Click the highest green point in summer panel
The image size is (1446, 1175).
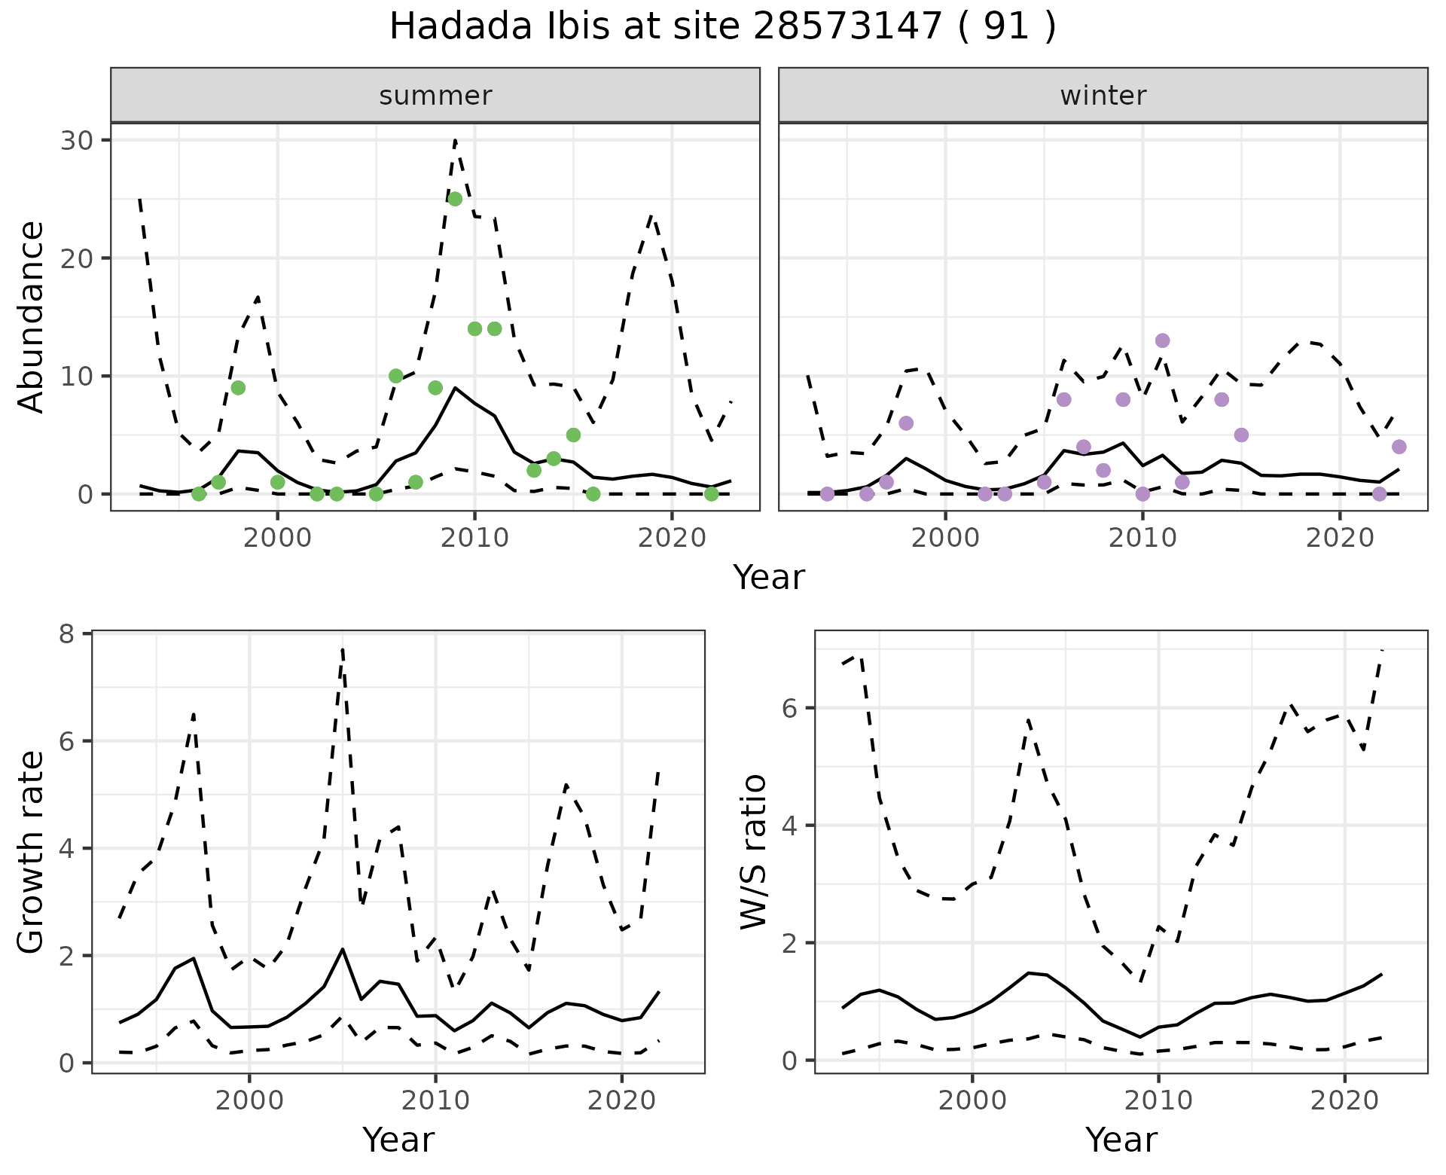click(x=455, y=199)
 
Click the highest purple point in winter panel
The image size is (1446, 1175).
click(x=1162, y=340)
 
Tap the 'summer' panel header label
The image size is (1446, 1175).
click(x=435, y=96)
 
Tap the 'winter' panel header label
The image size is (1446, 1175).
click(x=1103, y=96)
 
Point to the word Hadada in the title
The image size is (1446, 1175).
click(x=451, y=27)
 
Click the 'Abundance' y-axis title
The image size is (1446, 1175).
click(x=32, y=316)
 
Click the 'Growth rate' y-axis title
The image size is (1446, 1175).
click(x=32, y=853)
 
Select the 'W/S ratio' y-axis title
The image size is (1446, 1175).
click(x=754, y=851)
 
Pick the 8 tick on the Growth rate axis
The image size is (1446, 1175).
click(x=73, y=634)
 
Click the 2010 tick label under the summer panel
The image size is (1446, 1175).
click(x=474, y=539)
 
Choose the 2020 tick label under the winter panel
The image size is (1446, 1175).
click(x=1340, y=539)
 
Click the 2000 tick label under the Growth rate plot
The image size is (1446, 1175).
click(x=249, y=1100)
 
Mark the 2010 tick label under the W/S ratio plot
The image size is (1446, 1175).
click(x=1158, y=1100)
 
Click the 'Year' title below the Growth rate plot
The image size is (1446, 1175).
click(x=398, y=1140)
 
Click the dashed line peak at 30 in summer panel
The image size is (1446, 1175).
click(x=456, y=140)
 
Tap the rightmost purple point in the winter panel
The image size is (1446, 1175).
click(x=1399, y=447)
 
